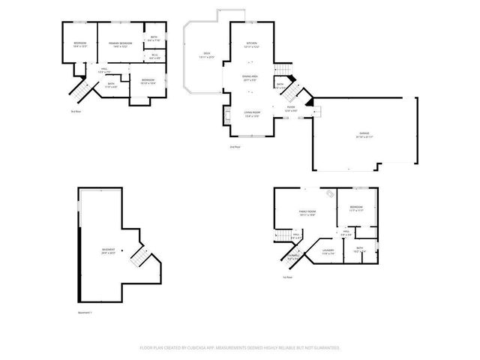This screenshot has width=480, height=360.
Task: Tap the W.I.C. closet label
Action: pyautogui.click(x=154, y=55)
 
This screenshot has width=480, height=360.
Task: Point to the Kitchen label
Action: pyautogui.click(x=252, y=44)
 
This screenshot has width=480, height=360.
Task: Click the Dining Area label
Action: pyautogui.click(x=250, y=77)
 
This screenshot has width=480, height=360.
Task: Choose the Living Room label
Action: pyautogui.click(x=251, y=113)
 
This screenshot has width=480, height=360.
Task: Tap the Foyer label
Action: pyautogui.click(x=290, y=107)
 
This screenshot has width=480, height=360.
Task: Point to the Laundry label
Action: pyautogui.click(x=328, y=250)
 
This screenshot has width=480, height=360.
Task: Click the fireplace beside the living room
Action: pyautogui.click(x=226, y=115)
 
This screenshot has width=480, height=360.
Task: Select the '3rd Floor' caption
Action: pyautogui.click(x=76, y=112)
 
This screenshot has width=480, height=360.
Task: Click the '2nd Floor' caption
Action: pyautogui.click(x=235, y=147)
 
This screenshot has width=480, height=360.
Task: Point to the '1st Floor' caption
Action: pyautogui.click(x=287, y=277)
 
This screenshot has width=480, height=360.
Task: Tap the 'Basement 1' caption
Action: pyautogui.click(x=84, y=312)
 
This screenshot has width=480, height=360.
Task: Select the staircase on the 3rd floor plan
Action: pyautogui.click(x=79, y=89)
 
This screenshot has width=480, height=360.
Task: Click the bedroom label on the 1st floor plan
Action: pyautogui.click(x=355, y=207)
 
